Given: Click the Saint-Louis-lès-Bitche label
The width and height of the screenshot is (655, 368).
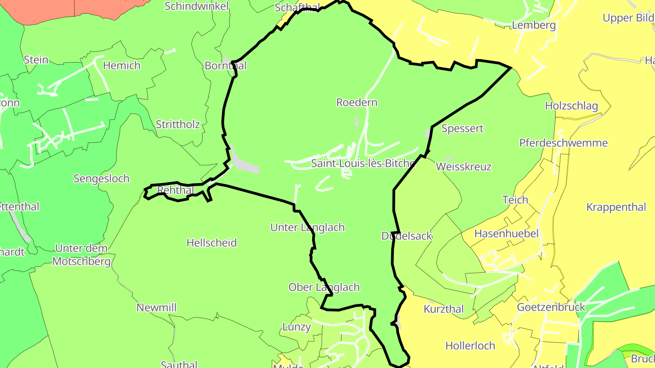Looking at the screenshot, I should click(x=363, y=164).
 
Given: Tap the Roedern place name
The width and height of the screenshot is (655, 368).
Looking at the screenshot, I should click(x=357, y=102).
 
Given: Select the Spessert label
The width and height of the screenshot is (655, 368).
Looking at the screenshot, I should click(x=462, y=129).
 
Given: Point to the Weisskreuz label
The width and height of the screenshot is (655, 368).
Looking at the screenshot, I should click(x=464, y=167).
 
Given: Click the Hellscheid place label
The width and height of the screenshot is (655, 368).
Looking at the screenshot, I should click(x=212, y=243).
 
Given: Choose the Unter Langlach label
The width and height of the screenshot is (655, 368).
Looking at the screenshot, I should click(x=307, y=227).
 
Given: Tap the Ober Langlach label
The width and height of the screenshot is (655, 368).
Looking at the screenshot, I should click(x=324, y=287).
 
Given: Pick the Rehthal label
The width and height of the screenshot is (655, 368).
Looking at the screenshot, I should click(x=175, y=190).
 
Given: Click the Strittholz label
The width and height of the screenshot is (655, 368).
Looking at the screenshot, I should click(x=177, y=124).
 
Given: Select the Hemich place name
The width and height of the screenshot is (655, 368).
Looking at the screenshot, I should click(x=121, y=65).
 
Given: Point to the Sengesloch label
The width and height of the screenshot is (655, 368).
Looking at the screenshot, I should click(x=101, y=179).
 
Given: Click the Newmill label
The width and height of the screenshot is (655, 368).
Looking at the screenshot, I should click(x=156, y=308).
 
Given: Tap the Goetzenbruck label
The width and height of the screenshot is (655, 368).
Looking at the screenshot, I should click(x=551, y=307).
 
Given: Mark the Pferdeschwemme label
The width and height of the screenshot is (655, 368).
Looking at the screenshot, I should click(x=563, y=143).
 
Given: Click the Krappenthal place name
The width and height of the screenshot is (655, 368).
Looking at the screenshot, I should click(x=616, y=207).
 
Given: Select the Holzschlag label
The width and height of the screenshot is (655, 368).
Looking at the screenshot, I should click(x=571, y=106).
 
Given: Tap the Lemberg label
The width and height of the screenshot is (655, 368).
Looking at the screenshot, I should click(x=534, y=25).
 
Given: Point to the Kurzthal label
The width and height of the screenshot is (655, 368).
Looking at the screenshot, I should click(x=443, y=309).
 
